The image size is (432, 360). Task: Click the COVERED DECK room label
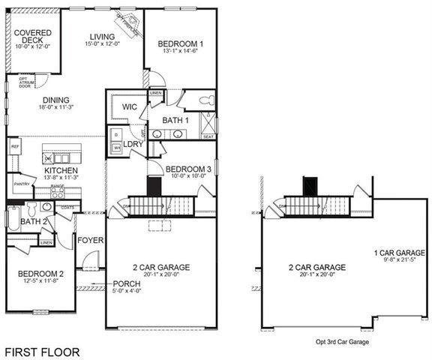(32, 37)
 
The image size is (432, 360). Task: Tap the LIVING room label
(102, 37)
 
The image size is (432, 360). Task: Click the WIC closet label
(129, 108)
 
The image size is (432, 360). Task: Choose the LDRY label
(133, 143)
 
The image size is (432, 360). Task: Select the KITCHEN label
(61, 171)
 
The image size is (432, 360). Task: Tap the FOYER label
(90, 240)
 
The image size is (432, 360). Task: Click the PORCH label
(126, 284)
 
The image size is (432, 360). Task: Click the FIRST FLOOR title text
(42, 351)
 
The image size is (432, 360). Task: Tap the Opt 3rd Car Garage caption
(342, 341)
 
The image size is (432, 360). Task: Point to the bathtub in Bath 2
(11, 218)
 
